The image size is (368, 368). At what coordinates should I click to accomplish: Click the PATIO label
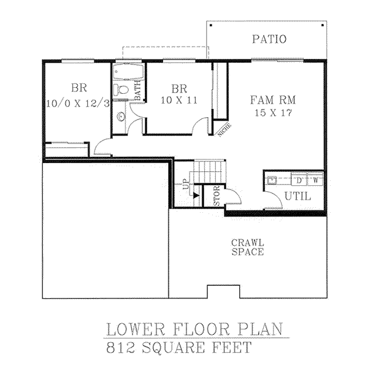point(269,39)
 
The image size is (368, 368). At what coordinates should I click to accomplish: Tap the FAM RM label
point(273,100)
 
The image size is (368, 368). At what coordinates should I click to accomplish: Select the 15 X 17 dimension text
point(274,113)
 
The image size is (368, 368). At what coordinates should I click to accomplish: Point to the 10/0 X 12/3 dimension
point(78,103)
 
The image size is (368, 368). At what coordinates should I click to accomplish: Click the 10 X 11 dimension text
point(179,101)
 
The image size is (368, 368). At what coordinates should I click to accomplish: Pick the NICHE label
point(224,130)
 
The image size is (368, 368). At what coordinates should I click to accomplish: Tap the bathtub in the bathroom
point(128,72)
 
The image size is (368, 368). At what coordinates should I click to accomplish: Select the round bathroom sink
point(121,117)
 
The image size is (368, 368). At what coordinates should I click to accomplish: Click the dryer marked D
point(299,180)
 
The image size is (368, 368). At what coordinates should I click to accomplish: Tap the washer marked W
point(315,180)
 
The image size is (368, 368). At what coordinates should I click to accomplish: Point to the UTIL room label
point(298,196)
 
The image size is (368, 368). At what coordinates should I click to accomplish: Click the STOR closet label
point(217,196)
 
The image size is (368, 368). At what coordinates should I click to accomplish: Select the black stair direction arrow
point(196,196)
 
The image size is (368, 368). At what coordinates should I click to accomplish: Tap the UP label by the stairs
point(186,184)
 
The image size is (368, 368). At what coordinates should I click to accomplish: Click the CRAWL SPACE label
point(248,247)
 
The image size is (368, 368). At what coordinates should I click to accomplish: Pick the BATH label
point(138,90)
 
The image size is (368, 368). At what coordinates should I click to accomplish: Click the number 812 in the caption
point(121,347)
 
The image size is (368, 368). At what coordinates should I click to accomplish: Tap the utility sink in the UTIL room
point(272,180)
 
